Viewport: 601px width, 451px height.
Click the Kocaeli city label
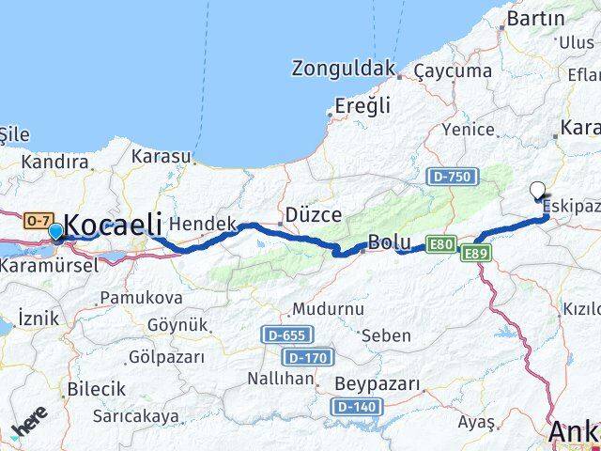pos(114,225)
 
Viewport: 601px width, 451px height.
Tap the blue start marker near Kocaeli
pos(55,231)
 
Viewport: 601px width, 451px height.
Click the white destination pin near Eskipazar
pos(538,191)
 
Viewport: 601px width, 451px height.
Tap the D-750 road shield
pos(454,176)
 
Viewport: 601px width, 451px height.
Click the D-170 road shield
pos(307,357)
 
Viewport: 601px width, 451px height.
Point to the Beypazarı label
pos(378,383)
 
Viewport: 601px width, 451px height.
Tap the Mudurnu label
pos(327,308)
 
